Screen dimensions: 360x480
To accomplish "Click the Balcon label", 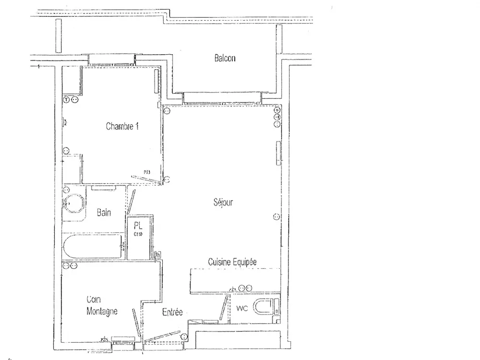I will pyautogui.click(x=225, y=58).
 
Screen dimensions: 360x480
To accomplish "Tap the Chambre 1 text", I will pyautogui.click(x=122, y=127).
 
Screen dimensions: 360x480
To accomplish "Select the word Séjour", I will pyautogui.click(x=223, y=203).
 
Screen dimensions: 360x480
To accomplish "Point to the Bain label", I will pyautogui.click(x=104, y=212).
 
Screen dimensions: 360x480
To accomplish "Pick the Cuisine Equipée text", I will pyautogui.click(x=232, y=262).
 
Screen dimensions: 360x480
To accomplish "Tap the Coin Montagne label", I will pyautogui.click(x=102, y=305).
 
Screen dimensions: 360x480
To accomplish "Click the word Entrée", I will pyautogui.click(x=172, y=312).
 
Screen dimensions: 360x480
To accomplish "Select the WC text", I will pyautogui.click(x=242, y=309).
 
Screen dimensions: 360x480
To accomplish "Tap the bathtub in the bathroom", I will pyautogui.click(x=92, y=246).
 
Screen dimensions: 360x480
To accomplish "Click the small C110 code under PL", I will pyautogui.click(x=138, y=234).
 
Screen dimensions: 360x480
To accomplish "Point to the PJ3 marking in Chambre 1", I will pyautogui.click(x=146, y=171).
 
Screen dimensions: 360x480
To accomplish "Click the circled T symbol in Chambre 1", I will pyautogui.click(x=67, y=99).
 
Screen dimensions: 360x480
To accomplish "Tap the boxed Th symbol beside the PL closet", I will pyautogui.click(x=158, y=254).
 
